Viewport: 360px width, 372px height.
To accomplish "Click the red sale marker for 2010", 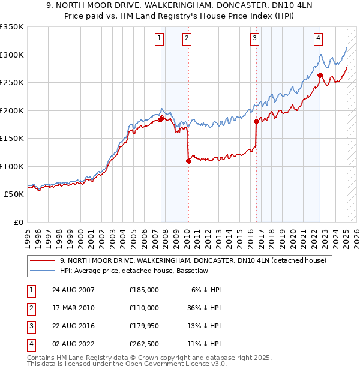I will [x=188, y=161].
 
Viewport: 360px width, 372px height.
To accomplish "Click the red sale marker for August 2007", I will [x=161, y=119].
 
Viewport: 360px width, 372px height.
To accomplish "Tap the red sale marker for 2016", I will [x=256, y=122].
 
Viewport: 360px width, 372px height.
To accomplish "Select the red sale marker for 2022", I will [x=320, y=76].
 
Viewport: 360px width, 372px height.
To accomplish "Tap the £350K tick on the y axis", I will [x=12, y=27].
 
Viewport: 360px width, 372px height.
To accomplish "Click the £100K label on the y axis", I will [x=12, y=166].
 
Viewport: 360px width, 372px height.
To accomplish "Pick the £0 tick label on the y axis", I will [x=17, y=222].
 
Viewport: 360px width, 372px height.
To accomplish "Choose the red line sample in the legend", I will [x=42, y=260].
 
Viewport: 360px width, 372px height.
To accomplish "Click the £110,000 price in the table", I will [x=143, y=308].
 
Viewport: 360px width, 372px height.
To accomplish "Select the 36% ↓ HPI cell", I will [x=204, y=308].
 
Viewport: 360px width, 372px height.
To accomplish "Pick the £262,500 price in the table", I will [x=143, y=344].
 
